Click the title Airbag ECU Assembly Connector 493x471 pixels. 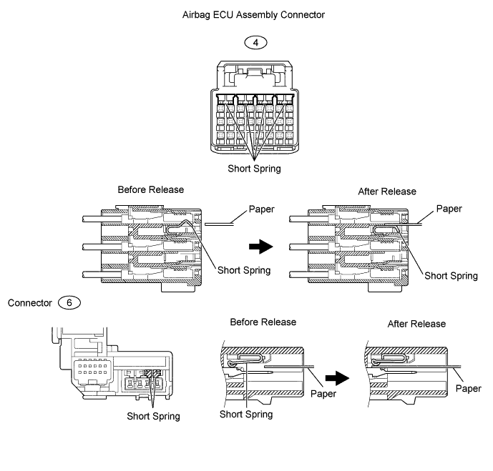(x=253, y=15)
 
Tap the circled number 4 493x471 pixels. (x=255, y=42)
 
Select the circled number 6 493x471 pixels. (x=69, y=303)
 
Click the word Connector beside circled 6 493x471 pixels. (x=29, y=303)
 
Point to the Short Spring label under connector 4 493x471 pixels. (x=254, y=169)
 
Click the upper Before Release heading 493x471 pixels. (x=150, y=189)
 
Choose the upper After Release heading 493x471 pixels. (x=387, y=192)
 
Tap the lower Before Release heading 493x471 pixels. (x=263, y=322)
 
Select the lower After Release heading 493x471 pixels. (x=416, y=324)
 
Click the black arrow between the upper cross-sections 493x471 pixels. (x=261, y=247)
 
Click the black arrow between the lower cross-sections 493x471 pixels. (x=337, y=378)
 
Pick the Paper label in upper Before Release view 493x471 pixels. (x=262, y=209)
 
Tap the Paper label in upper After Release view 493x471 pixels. (x=449, y=209)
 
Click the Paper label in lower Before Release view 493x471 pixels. (x=323, y=394)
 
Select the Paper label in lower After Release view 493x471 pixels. (x=469, y=388)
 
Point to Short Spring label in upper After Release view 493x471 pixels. (x=451, y=276)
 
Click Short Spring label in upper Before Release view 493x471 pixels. (x=244, y=270)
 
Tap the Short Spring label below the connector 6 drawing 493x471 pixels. (x=153, y=417)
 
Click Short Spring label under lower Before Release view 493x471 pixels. (x=246, y=415)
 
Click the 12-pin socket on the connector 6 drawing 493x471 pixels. (x=92, y=370)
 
